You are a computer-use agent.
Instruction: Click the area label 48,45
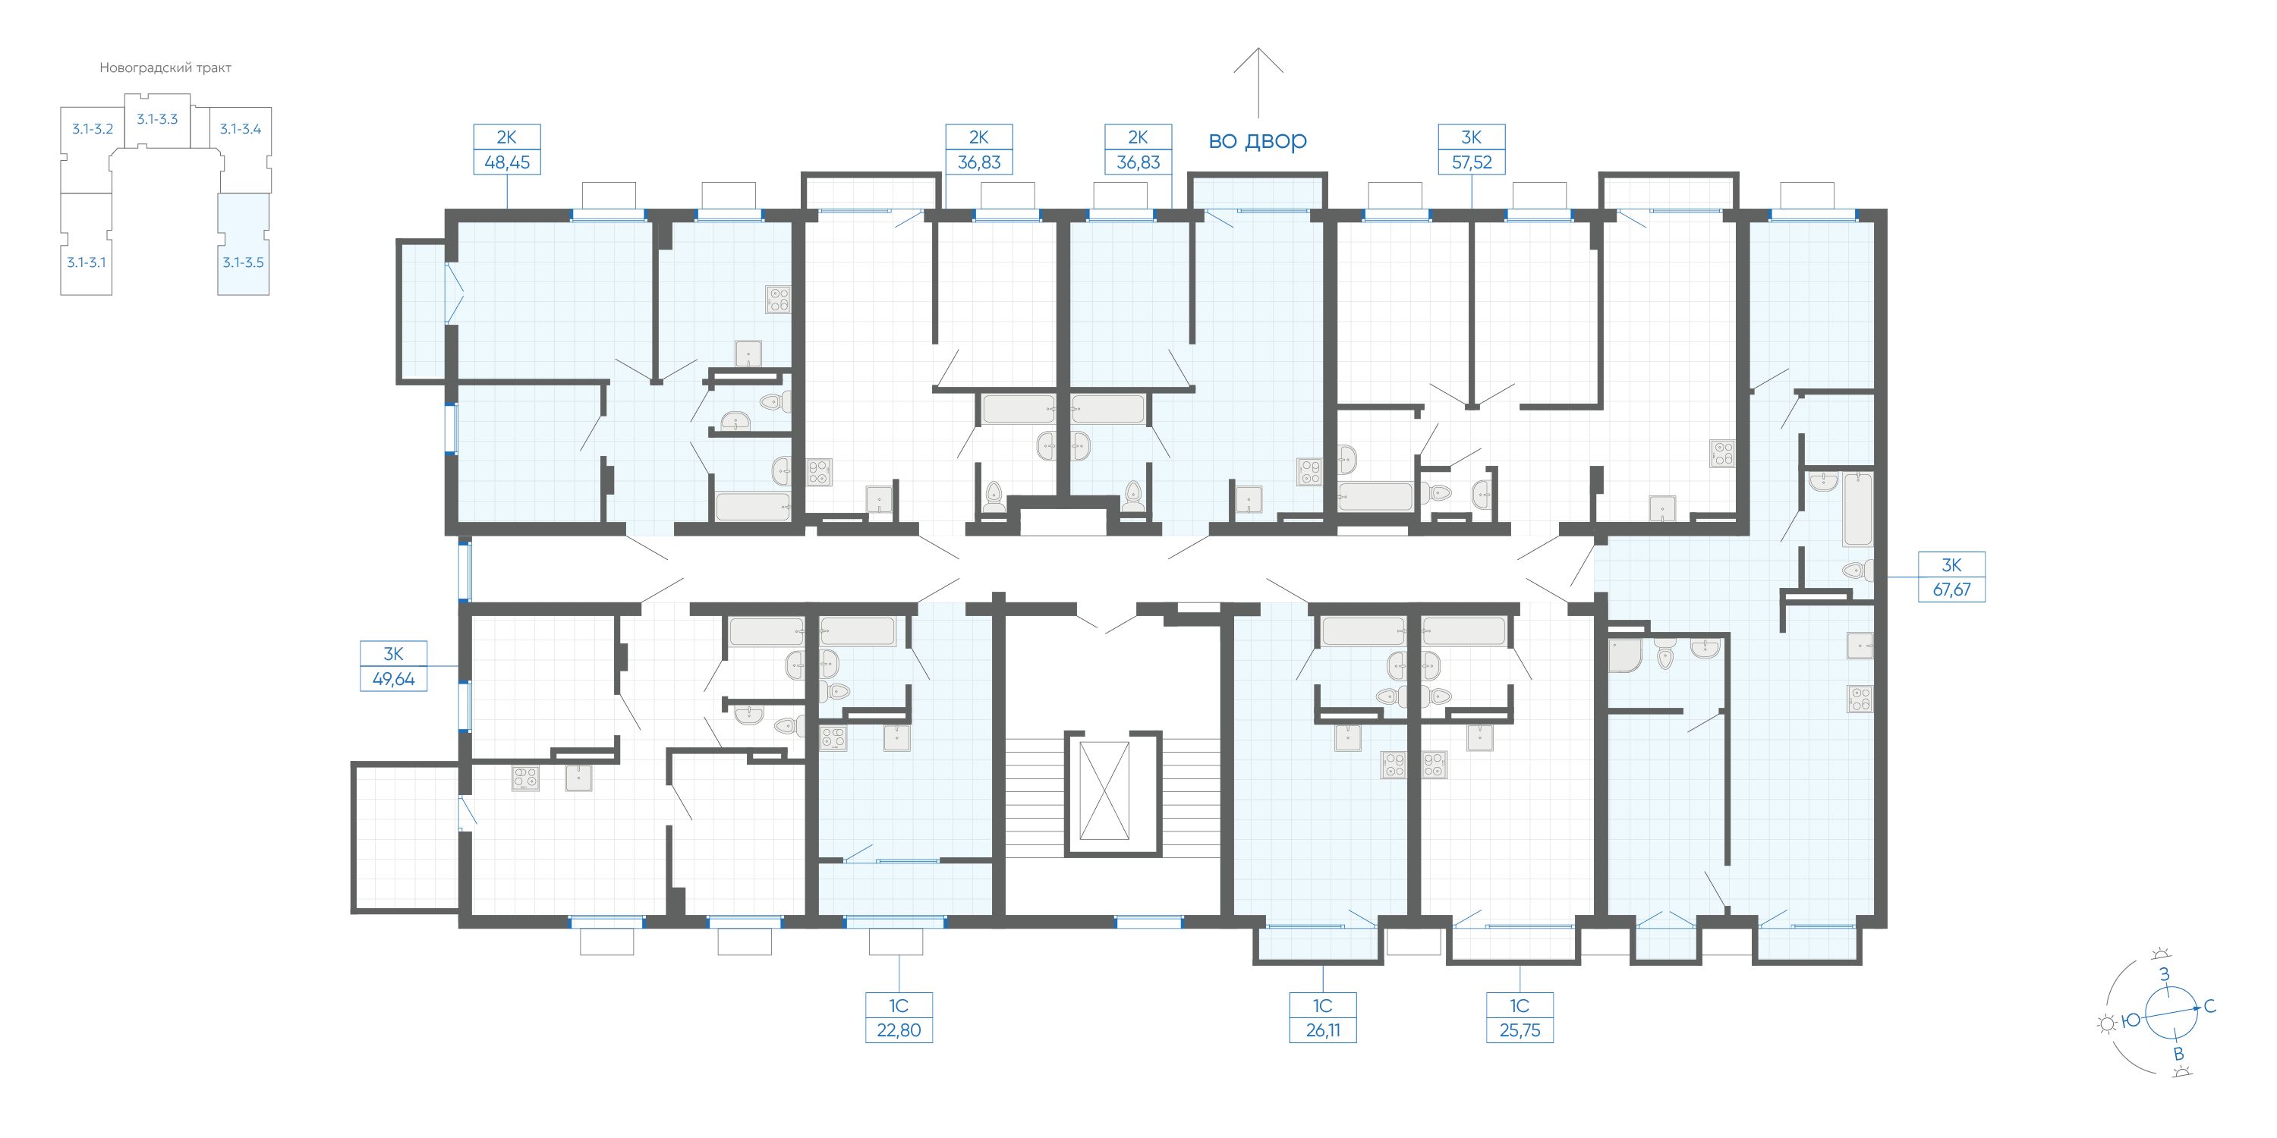click(x=506, y=162)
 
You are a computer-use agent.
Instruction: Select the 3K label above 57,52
click(x=1471, y=137)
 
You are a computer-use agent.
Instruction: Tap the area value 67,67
click(x=1951, y=589)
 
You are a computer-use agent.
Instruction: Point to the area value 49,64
click(x=393, y=680)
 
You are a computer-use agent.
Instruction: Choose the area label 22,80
click(x=899, y=1030)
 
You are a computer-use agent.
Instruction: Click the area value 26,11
click(x=1322, y=1030)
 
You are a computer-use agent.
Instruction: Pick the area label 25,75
click(x=1520, y=1030)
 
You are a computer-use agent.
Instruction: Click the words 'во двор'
click(x=1258, y=140)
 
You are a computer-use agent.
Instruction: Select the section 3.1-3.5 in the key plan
click(x=243, y=245)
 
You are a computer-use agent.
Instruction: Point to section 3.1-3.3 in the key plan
click(x=157, y=119)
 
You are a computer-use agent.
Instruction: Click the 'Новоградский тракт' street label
click(x=165, y=68)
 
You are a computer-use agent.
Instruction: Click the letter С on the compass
click(x=2209, y=1006)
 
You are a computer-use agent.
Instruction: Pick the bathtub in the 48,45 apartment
click(x=752, y=506)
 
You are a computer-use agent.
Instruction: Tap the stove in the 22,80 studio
click(x=833, y=737)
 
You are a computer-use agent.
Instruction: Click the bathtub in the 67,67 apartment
click(x=1857, y=510)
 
